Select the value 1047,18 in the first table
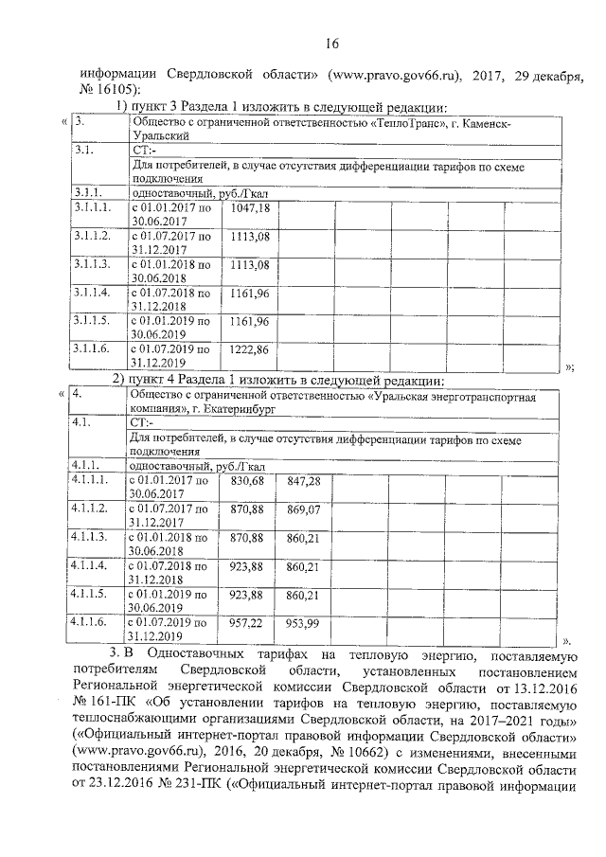tap(251, 207)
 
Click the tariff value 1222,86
tap(251, 349)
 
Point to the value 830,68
tap(247, 482)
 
